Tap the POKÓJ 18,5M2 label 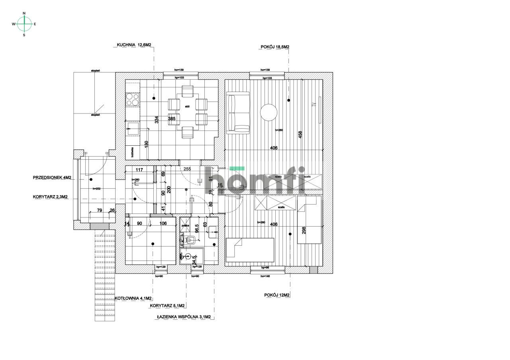(x=275, y=47)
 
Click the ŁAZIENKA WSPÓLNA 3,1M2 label (x=184, y=317)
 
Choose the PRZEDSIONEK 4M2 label (x=52, y=178)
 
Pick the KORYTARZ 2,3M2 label (x=50, y=197)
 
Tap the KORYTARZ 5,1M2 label (x=167, y=306)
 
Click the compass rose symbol (x=24, y=24)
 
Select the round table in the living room (x=269, y=112)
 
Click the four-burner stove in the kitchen (x=132, y=99)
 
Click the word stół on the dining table (x=187, y=106)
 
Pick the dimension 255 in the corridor (x=187, y=169)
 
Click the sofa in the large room (x=238, y=112)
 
